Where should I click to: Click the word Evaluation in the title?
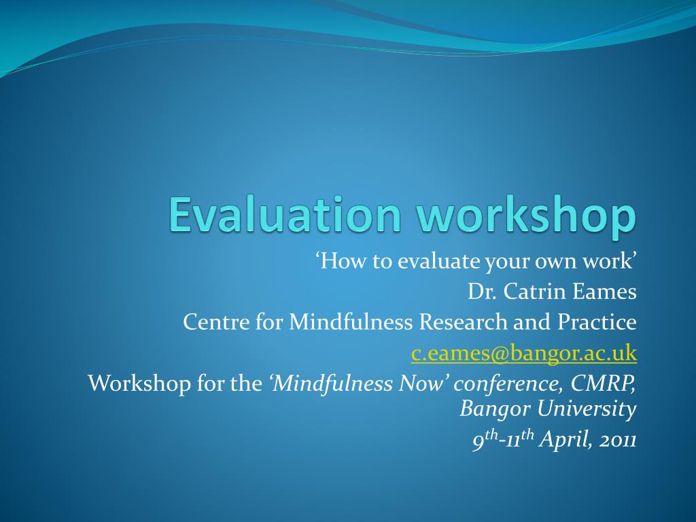[285, 215]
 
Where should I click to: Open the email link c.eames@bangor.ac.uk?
[524, 353]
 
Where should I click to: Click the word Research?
[463, 321]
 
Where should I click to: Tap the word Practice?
[597, 321]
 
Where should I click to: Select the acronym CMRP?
[603, 383]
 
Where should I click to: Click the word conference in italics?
[508, 383]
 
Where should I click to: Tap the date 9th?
[485, 440]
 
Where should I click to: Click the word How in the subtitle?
[341, 260]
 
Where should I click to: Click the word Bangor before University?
[495, 408]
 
